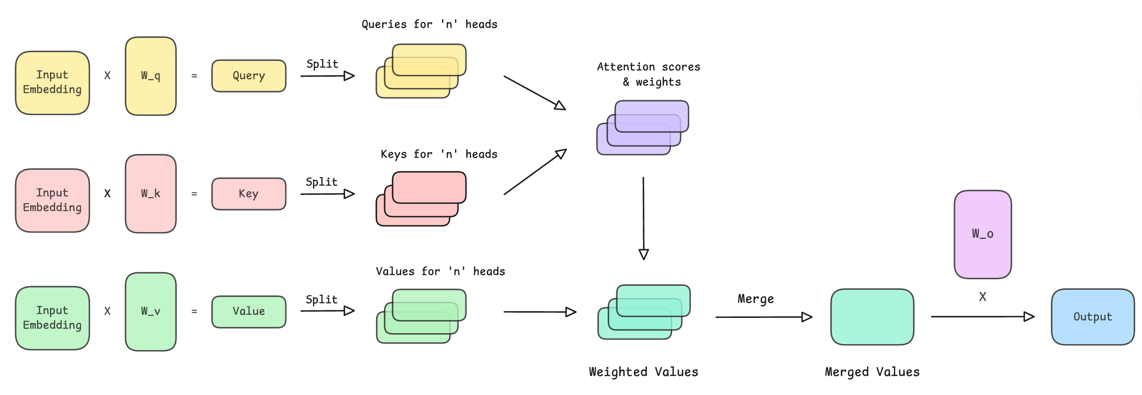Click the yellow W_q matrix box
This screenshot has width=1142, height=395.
(151, 76)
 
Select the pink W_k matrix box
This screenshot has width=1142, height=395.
(151, 194)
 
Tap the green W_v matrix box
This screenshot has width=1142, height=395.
(151, 312)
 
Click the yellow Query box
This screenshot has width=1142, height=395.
(249, 76)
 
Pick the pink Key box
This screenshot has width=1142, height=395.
(249, 194)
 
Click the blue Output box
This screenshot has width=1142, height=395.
(1093, 317)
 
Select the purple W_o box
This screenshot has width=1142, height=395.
(983, 234)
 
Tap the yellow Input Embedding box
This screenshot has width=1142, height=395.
(52, 83)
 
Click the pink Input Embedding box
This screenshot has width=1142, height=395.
(52, 200)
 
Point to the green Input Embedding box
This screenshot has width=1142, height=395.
(52, 318)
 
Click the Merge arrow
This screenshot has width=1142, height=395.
(764, 317)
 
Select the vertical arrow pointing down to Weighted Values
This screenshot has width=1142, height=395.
(644, 218)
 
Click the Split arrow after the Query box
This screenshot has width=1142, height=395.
(328, 76)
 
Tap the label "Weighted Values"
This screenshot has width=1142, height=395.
(643, 372)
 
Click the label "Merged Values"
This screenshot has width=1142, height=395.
(872, 372)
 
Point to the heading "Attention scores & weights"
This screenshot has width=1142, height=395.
(649, 74)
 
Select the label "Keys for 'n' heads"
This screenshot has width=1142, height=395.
(439, 154)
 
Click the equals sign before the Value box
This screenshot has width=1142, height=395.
(194, 312)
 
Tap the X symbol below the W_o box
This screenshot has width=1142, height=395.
(983, 296)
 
